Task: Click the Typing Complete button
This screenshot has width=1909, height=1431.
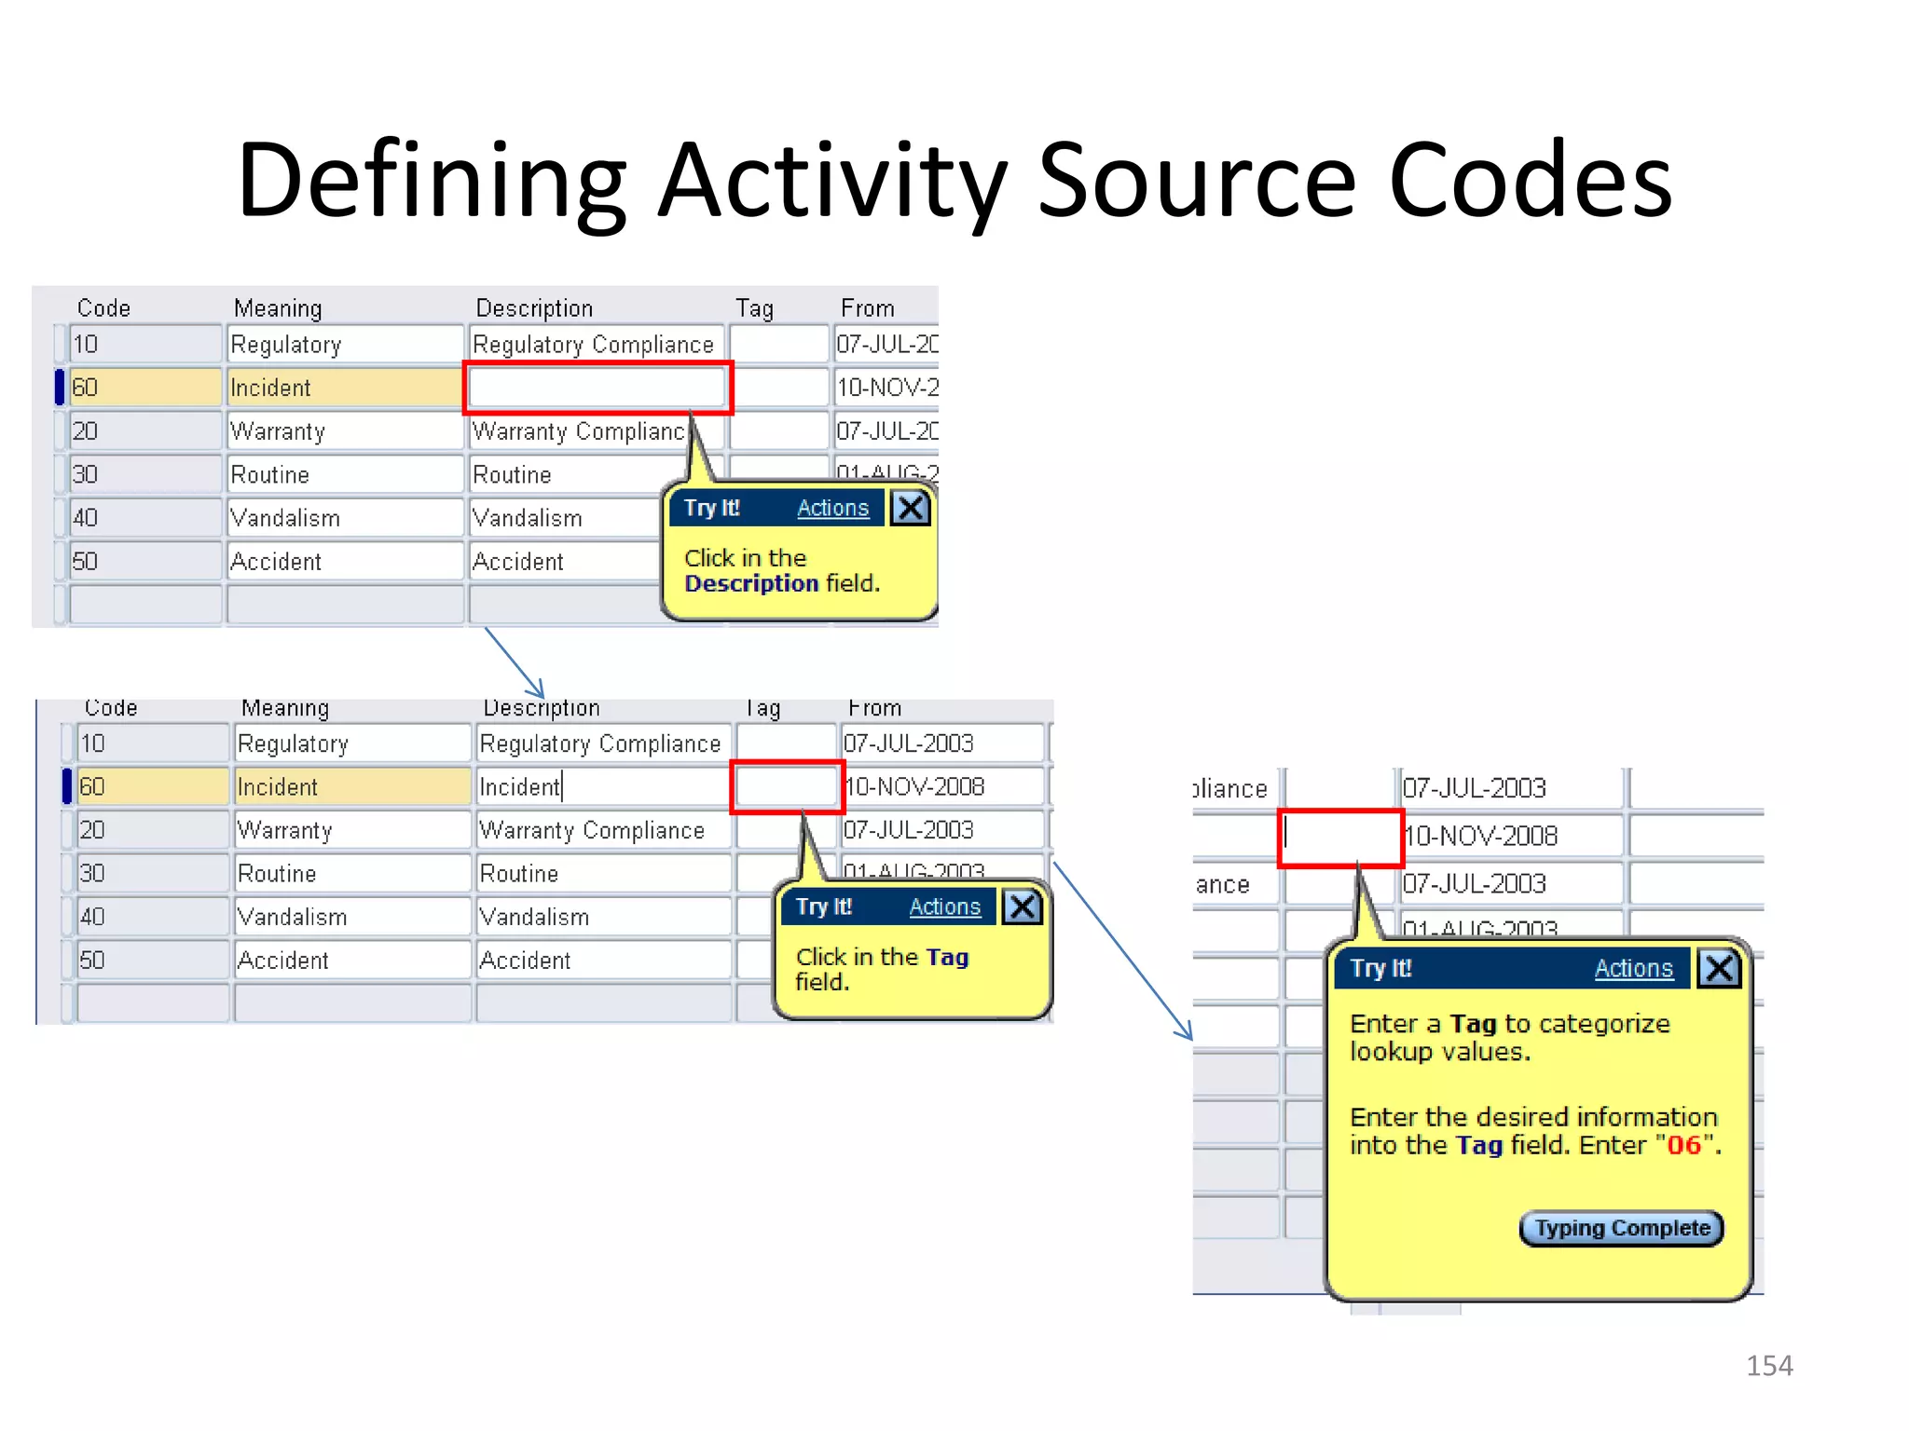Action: pyautogui.click(x=1621, y=1228)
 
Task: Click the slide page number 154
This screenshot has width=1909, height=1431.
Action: pyautogui.click(x=1768, y=1366)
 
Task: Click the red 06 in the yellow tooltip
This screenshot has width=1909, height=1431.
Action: pyautogui.click(x=1683, y=1145)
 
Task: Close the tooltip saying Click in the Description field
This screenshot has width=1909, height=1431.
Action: pyautogui.click(x=911, y=508)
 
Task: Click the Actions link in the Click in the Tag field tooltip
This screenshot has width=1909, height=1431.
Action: pyautogui.click(x=944, y=906)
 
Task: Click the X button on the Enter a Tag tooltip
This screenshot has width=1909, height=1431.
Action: pyautogui.click(x=1719, y=968)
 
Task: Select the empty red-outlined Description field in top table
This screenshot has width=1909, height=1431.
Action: pyautogui.click(x=597, y=388)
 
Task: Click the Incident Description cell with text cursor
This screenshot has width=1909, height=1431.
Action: pyautogui.click(x=601, y=787)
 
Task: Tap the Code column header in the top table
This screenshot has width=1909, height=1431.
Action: pyautogui.click(x=103, y=308)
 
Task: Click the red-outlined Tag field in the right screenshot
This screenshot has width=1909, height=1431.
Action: pyautogui.click(x=1340, y=837)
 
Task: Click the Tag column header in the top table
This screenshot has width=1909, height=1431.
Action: pyautogui.click(x=754, y=308)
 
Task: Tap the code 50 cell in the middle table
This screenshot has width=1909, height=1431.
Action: pyautogui.click(x=152, y=960)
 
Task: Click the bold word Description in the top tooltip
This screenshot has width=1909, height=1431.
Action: pyautogui.click(x=750, y=584)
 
